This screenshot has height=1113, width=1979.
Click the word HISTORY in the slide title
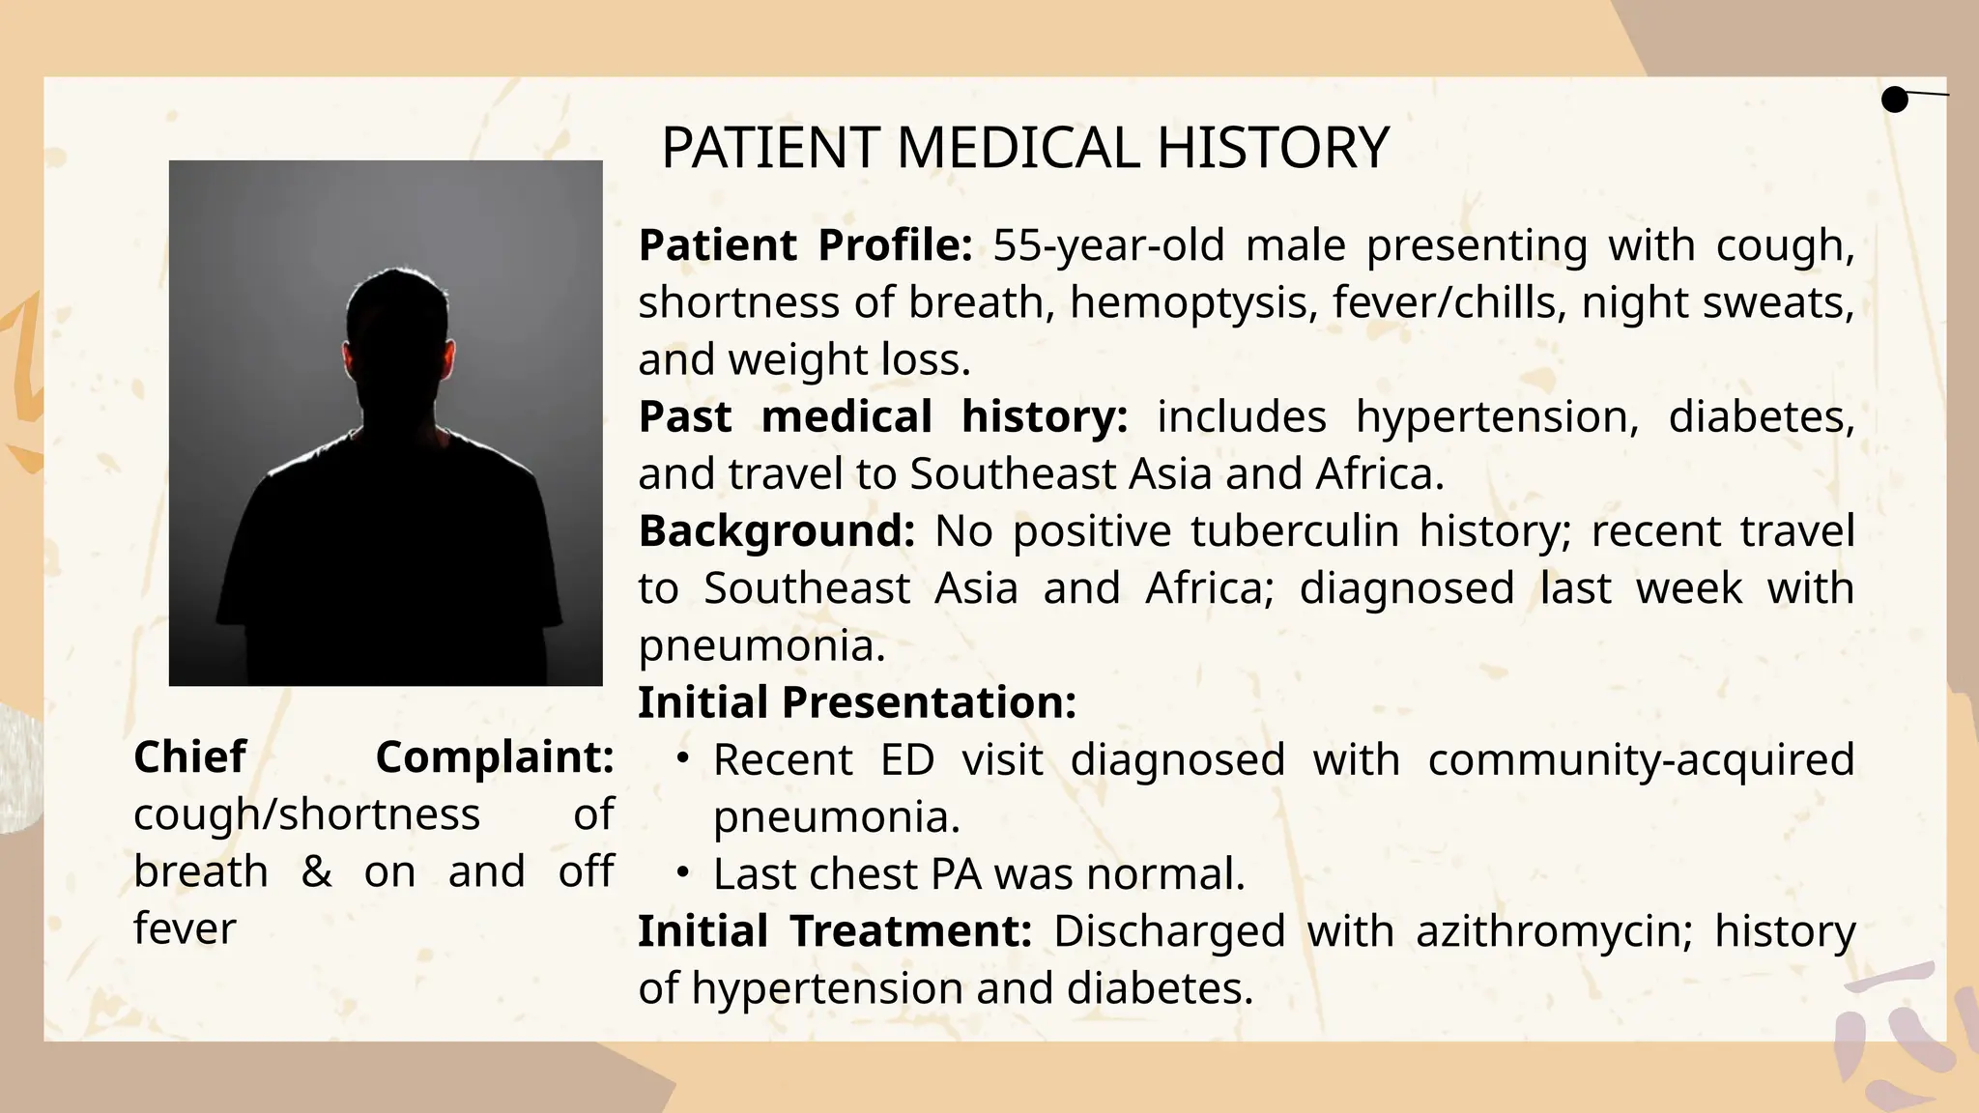[x=1272, y=149]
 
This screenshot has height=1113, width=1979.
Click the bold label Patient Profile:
[x=805, y=245]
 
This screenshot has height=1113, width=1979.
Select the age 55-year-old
[x=1108, y=245]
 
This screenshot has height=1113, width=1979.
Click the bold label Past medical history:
[x=882, y=417]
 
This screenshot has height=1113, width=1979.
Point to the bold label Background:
[x=776, y=531]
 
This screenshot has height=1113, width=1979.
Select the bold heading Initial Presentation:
[x=856, y=702]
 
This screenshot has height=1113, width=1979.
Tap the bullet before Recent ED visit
[x=682, y=759]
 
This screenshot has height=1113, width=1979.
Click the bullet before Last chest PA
[x=682, y=873]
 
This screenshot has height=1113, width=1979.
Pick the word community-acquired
[x=1641, y=759]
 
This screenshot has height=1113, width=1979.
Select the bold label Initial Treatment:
[x=835, y=931]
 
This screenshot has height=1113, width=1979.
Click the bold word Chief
[x=190, y=757]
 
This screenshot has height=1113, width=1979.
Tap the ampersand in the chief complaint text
[x=316, y=871]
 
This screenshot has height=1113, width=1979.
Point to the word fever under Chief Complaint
[x=185, y=928]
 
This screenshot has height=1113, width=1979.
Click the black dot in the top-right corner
[x=1895, y=100]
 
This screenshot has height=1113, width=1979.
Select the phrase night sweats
[x=1717, y=302]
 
